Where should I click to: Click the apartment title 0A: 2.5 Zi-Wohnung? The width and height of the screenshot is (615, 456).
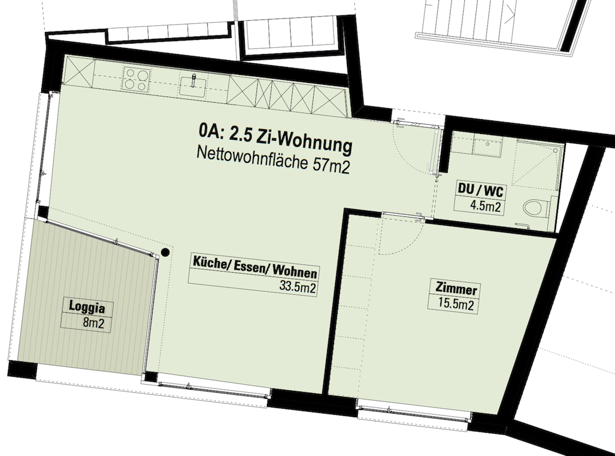(276, 138)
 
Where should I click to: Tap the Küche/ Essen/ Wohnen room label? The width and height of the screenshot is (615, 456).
(255, 267)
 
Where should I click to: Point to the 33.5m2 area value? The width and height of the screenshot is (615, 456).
(297, 286)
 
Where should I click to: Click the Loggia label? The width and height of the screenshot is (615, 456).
(87, 307)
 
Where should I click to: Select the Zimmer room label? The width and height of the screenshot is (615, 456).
(456, 289)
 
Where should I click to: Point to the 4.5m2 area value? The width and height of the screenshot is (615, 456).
(486, 206)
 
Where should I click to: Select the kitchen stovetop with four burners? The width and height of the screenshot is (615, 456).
(137, 79)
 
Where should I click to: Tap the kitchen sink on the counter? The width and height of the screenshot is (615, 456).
(193, 86)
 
